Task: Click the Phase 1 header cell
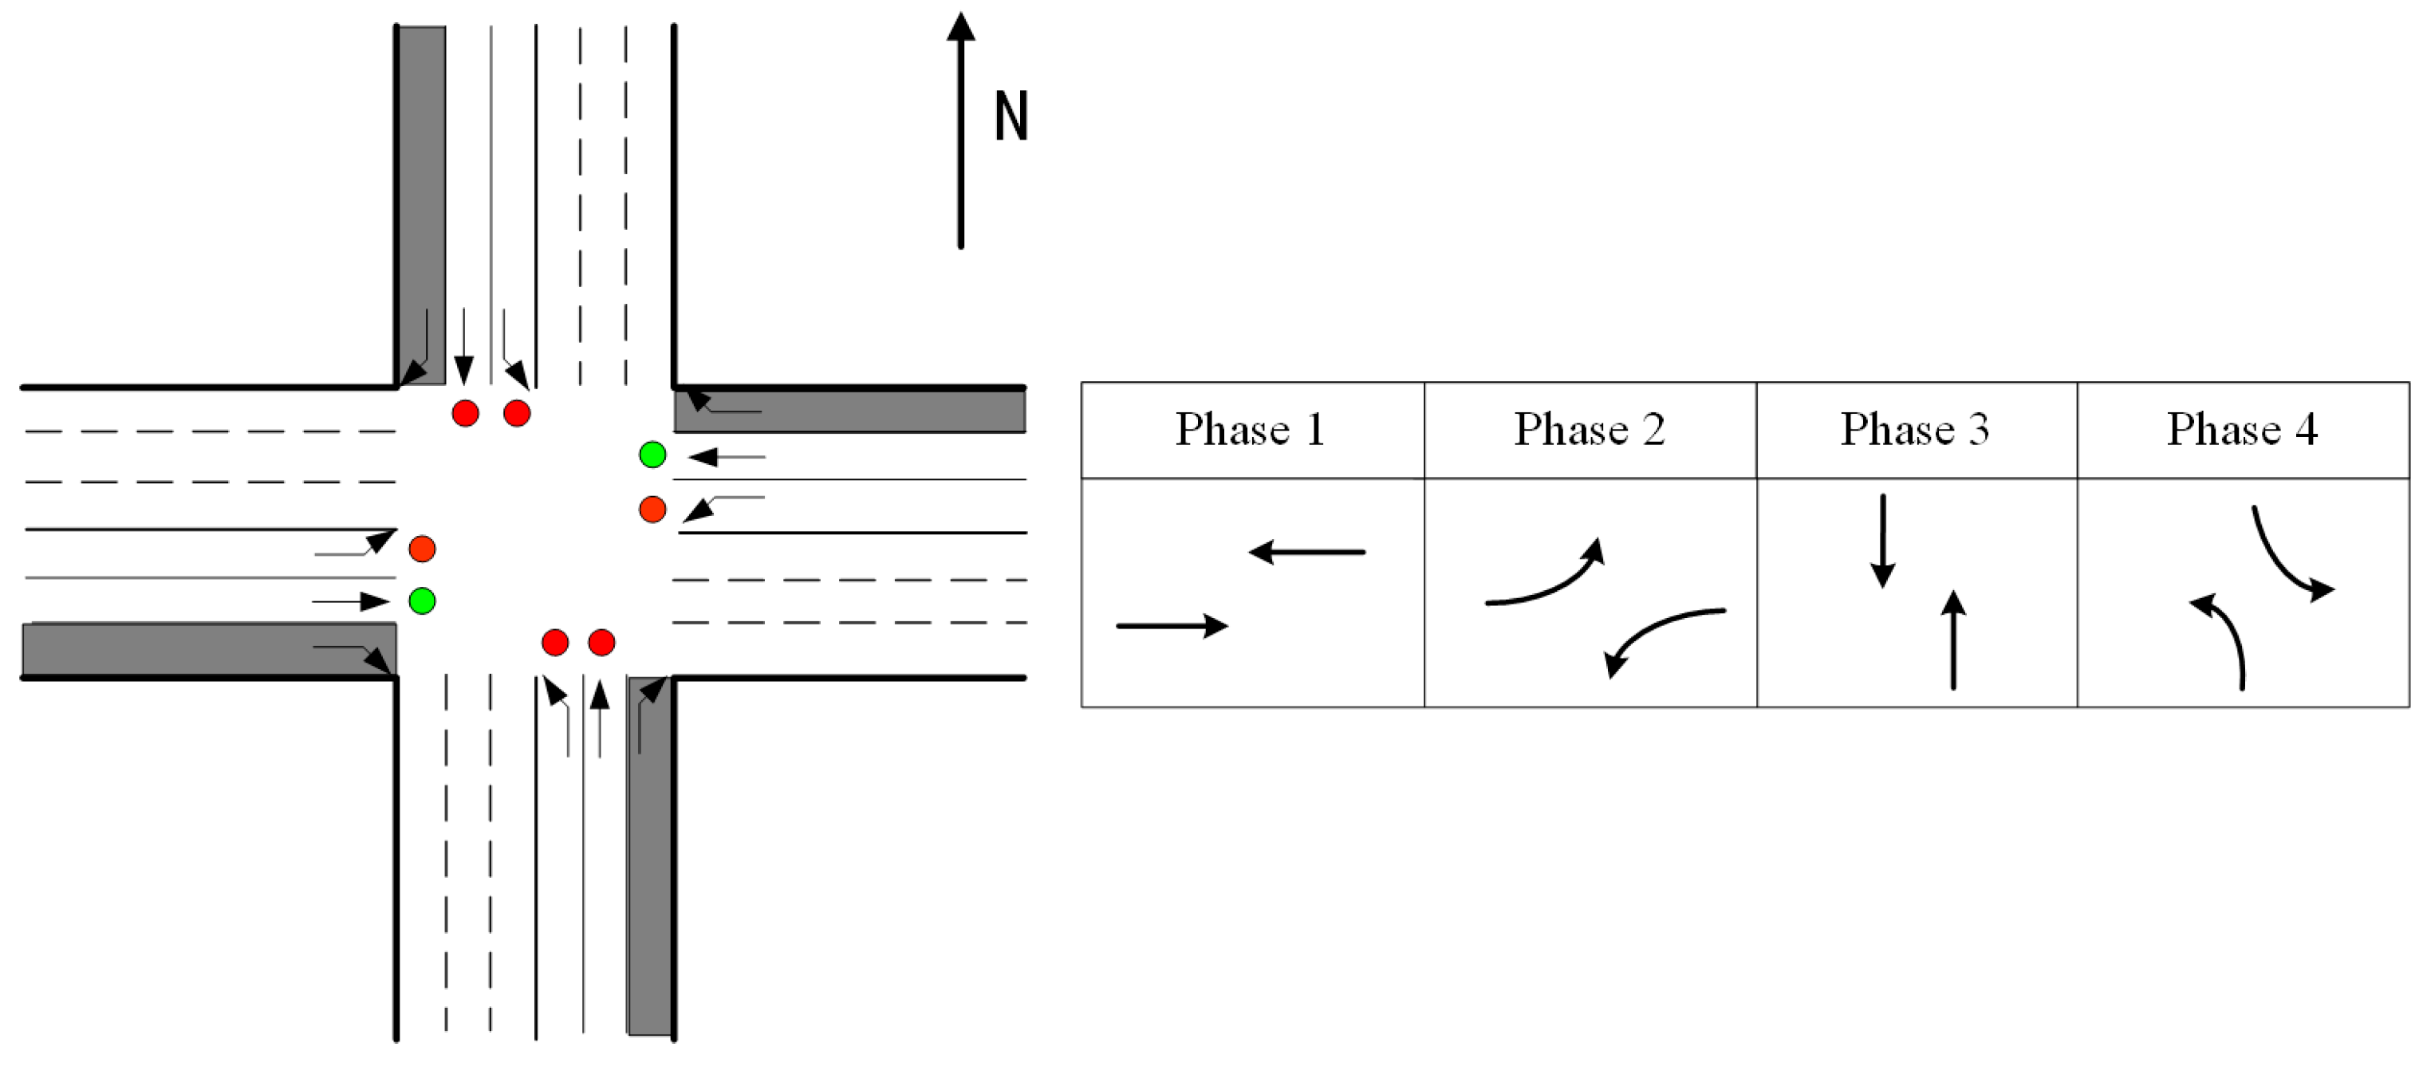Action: coord(1251,430)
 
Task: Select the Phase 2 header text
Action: coord(1590,430)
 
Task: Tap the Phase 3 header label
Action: coord(1916,430)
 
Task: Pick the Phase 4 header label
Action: coord(2242,430)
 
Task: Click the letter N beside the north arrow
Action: coord(1011,116)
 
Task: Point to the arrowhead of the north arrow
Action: coord(960,26)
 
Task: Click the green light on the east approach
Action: coord(652,455)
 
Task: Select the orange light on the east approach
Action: coord(652,510)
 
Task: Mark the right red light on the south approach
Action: coord(601,643)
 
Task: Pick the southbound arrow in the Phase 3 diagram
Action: coord(1882,541)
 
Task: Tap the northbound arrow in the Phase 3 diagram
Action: coord(1953,640)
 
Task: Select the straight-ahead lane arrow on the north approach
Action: coord(463,345)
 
